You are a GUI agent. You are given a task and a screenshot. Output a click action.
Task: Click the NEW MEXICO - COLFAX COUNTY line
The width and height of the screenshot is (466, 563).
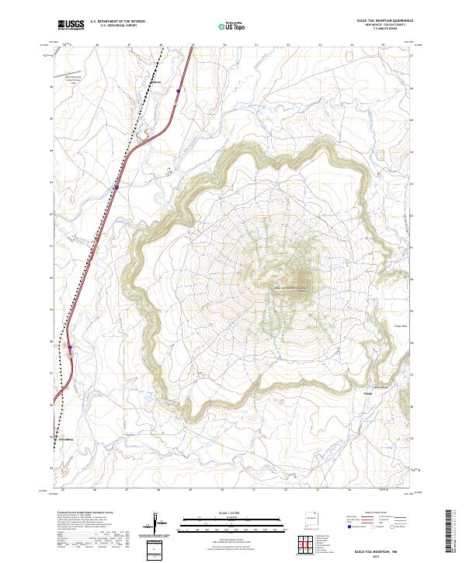pos(386,25)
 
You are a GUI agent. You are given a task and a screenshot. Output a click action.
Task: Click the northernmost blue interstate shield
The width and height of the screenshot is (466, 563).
pos(178,91)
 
